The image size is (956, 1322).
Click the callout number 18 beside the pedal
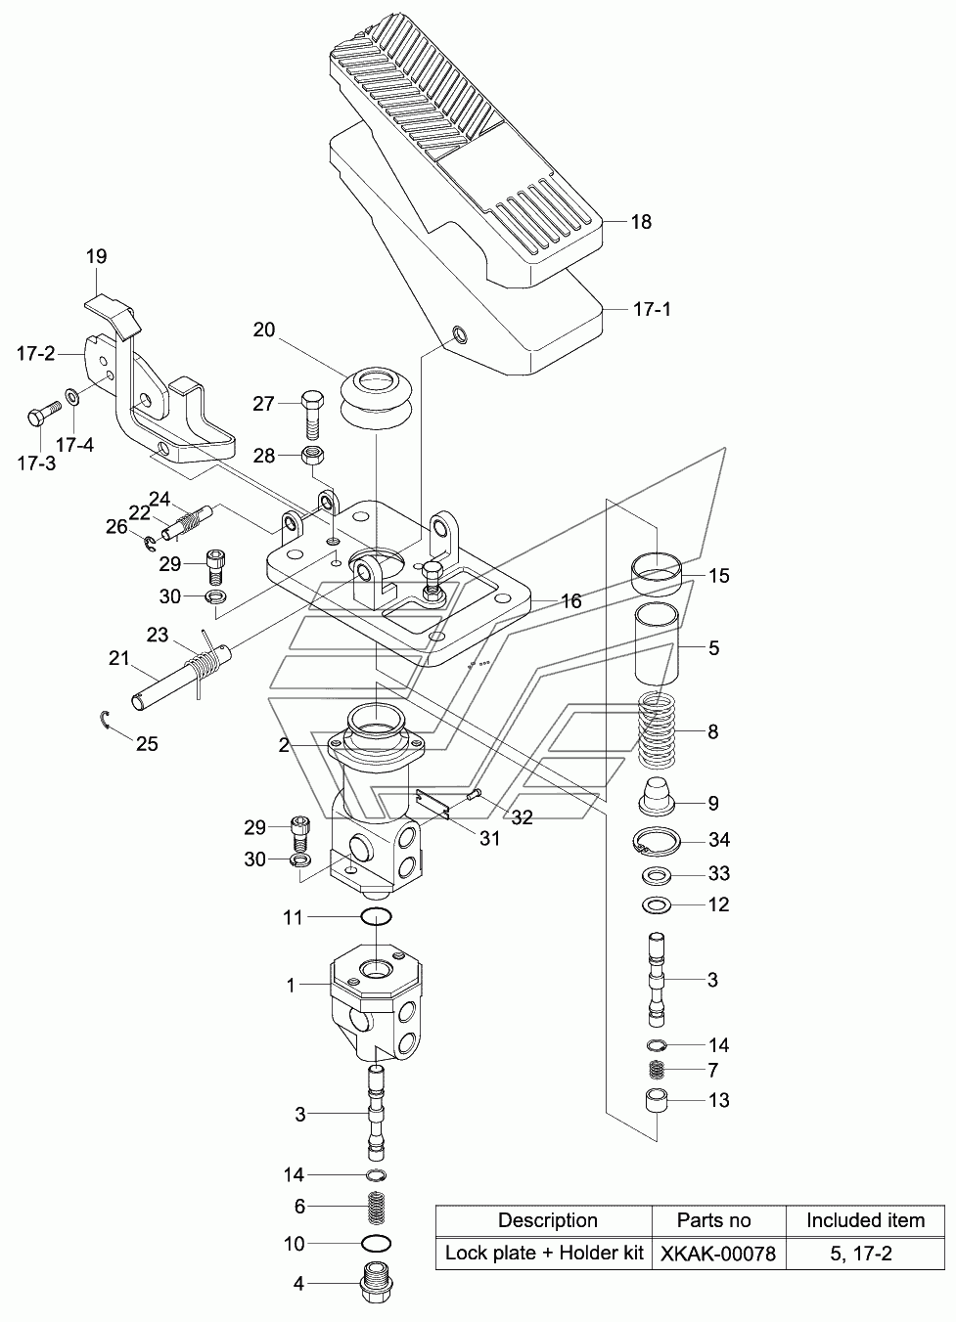pos(641,222)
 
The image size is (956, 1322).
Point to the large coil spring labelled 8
pos(656,730)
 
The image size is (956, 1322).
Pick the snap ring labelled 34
pos(657,840)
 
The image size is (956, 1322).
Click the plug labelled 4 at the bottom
pos(376,1283)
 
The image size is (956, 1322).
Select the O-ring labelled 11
pos(376,916)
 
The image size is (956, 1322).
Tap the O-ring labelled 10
pos(376,1244)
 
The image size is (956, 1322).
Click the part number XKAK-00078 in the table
pos(717,1254)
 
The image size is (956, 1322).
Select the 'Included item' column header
pos(865,1220)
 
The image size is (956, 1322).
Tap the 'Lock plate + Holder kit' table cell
pos(543,1253)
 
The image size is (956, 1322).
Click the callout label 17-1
pos(652,309)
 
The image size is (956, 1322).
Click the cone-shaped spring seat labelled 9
pos(656,797)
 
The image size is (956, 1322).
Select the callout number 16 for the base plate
pos(571,601)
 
